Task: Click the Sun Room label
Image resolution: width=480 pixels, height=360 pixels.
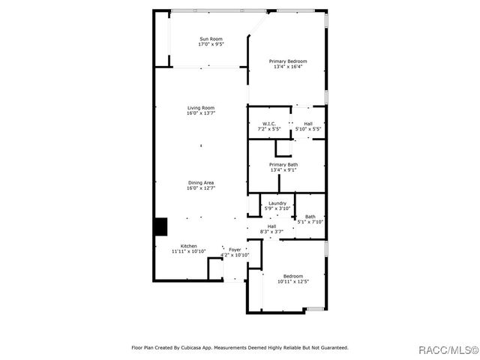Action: pos(211,39)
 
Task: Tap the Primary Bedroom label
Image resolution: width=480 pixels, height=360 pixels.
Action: pos(288,61)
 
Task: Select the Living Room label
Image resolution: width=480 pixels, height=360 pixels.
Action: pos(201,108)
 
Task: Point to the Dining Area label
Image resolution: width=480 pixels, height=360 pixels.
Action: pos(201,182)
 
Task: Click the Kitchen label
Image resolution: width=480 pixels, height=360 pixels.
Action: pos(188,246)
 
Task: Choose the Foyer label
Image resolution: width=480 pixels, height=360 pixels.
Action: pos(235,250)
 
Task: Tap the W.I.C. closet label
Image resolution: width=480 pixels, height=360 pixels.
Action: pos(270,123)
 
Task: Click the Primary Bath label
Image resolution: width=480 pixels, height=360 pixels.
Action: pos(283,164)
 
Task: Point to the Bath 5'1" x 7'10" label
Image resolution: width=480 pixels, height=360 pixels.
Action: pos(310,217)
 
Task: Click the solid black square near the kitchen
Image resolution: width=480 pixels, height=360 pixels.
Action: pos(160,226)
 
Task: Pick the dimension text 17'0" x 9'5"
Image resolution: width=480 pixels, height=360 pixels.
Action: pos(211,44)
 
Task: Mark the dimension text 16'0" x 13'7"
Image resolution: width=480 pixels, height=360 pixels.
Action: pos(201,113)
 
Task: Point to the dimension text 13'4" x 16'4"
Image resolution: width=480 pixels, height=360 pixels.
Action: pos(288,66)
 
